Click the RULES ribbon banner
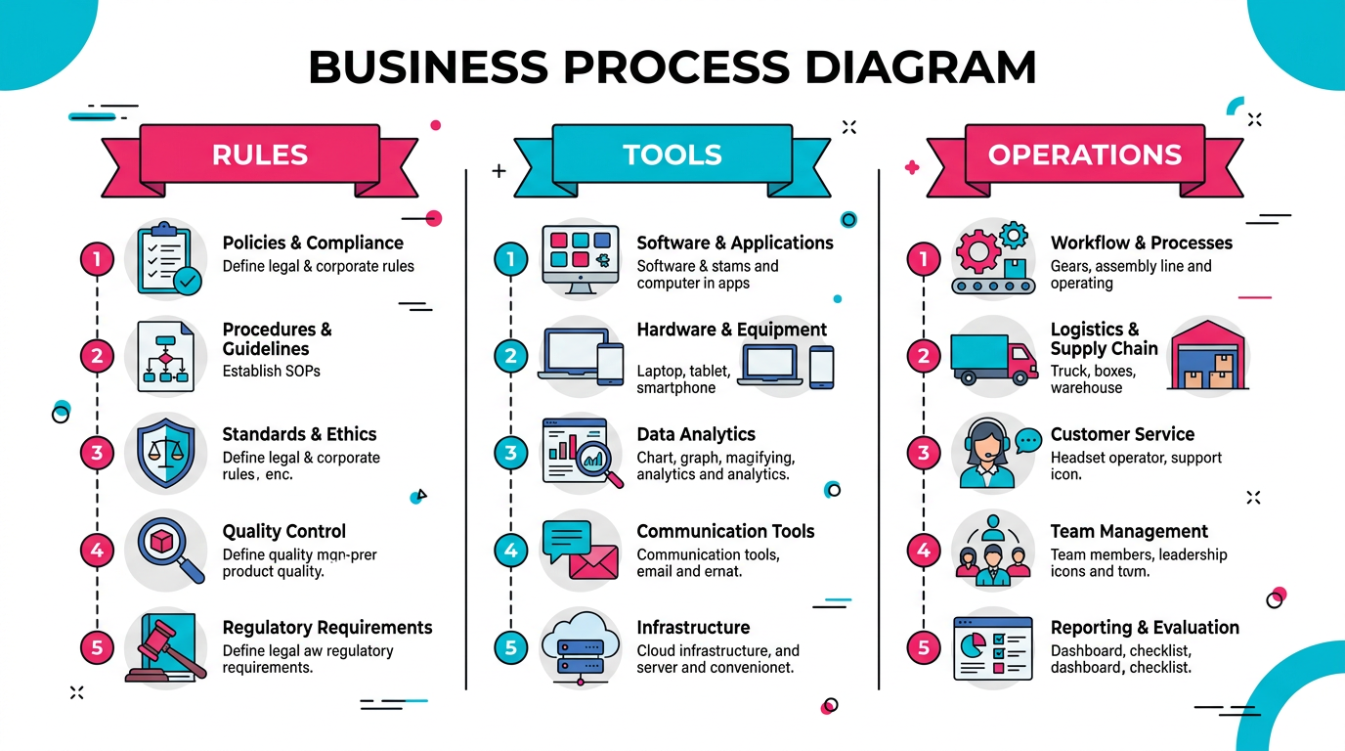(x=259, y=155)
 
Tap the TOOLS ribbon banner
(x=672, y=155)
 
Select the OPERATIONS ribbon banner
(x=1085, y=155)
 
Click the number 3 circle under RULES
(x=97, y=453)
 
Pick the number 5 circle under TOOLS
(x=510, y=646)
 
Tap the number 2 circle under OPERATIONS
(x=924, y=356)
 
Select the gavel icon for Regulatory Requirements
(x=166, y=647)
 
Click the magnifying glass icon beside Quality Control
(x=168, y=549)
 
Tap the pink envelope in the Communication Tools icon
(x=593, y=562)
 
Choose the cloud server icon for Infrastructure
(x=581, y=644)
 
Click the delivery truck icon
(x=993, y=357)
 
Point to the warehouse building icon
(x=1209, y=356)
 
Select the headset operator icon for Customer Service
(x=989, y=453)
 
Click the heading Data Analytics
(x=696, y=434)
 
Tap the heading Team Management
(x=1129, y=531)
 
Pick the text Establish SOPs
(x=271, y=371)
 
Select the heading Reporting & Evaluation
(x=1145, y=628)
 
